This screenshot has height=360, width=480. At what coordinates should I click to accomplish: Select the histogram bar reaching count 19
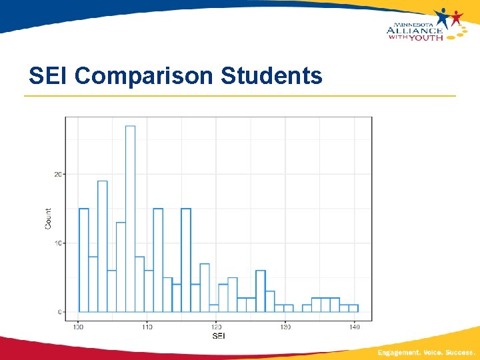(x=102, y=247)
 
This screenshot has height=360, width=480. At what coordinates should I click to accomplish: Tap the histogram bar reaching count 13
(x=121, y=267)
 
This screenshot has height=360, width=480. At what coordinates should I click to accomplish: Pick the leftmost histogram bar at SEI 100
(x=83, y=260)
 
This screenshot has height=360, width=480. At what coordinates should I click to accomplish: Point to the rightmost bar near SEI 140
(x=353, y=308)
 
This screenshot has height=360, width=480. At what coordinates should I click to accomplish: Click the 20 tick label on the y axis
(x=58, y=175)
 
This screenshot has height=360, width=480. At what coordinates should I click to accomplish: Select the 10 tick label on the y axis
(x=58, y=243)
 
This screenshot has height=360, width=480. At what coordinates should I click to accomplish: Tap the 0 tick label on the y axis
(x=59, y=312)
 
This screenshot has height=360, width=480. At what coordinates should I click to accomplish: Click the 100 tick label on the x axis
(x=78, y=327)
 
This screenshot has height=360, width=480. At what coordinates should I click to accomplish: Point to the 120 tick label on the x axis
(x=216, y=327)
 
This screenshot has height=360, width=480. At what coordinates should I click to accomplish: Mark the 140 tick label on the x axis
(x=354, y=327)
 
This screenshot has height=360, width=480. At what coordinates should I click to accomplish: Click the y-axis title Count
(x=48, y=218)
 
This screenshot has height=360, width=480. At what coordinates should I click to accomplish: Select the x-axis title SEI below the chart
(x=218, y=336)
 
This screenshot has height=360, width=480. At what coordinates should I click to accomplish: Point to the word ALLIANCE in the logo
(x=414, y=29)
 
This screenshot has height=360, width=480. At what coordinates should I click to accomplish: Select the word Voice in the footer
(x=434, y=352)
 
